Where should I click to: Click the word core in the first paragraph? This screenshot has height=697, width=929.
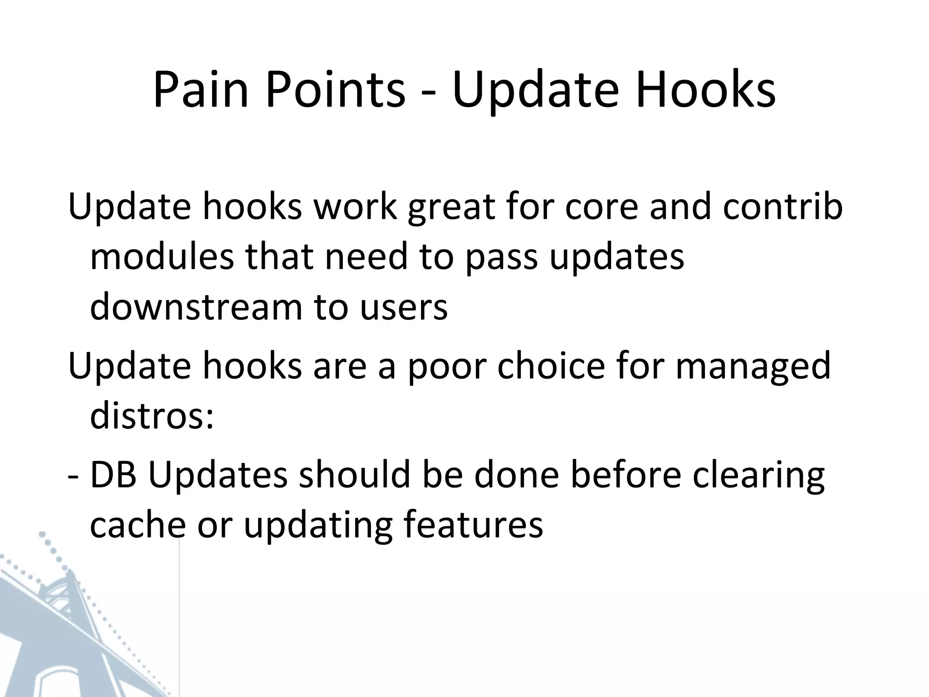599,207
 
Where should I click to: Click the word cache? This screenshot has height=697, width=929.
138,525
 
